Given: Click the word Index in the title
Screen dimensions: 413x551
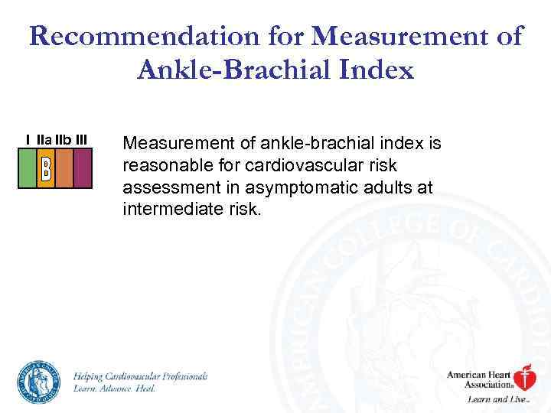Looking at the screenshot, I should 375,70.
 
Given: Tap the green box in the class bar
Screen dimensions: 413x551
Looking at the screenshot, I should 27,167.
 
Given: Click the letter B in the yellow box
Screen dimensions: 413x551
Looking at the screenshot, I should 45,167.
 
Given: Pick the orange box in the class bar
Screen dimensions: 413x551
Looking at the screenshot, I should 64,167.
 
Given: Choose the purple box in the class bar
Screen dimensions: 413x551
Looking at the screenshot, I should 83,167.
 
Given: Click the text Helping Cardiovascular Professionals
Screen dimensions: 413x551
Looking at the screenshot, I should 140,376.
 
